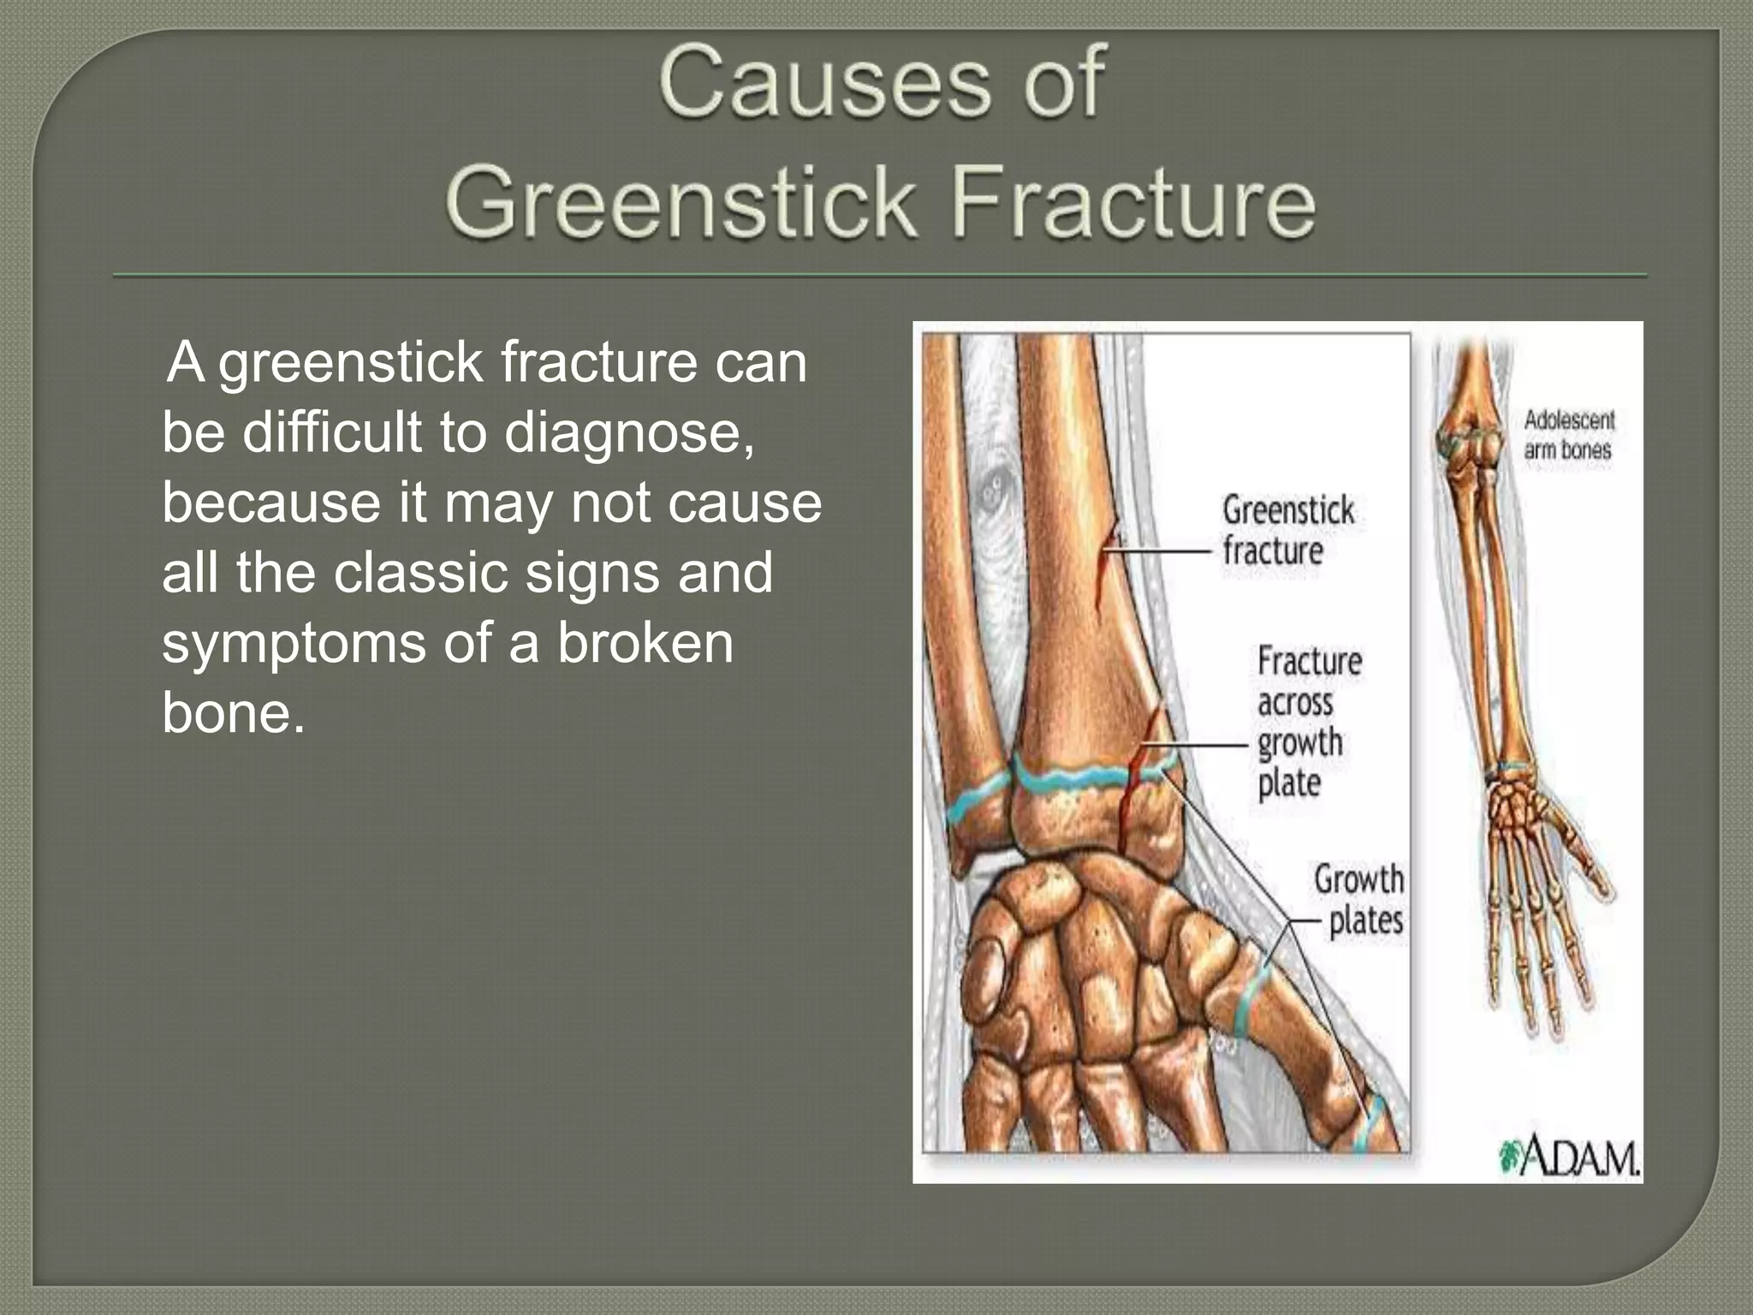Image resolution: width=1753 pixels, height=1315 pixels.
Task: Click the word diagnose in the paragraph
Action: (628, 432)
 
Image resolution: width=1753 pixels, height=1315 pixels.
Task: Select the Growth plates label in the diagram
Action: (1361, 900)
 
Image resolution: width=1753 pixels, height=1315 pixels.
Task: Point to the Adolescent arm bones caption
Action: (1567, 435)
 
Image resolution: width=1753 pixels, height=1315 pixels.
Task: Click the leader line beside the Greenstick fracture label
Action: (1164, 552)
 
